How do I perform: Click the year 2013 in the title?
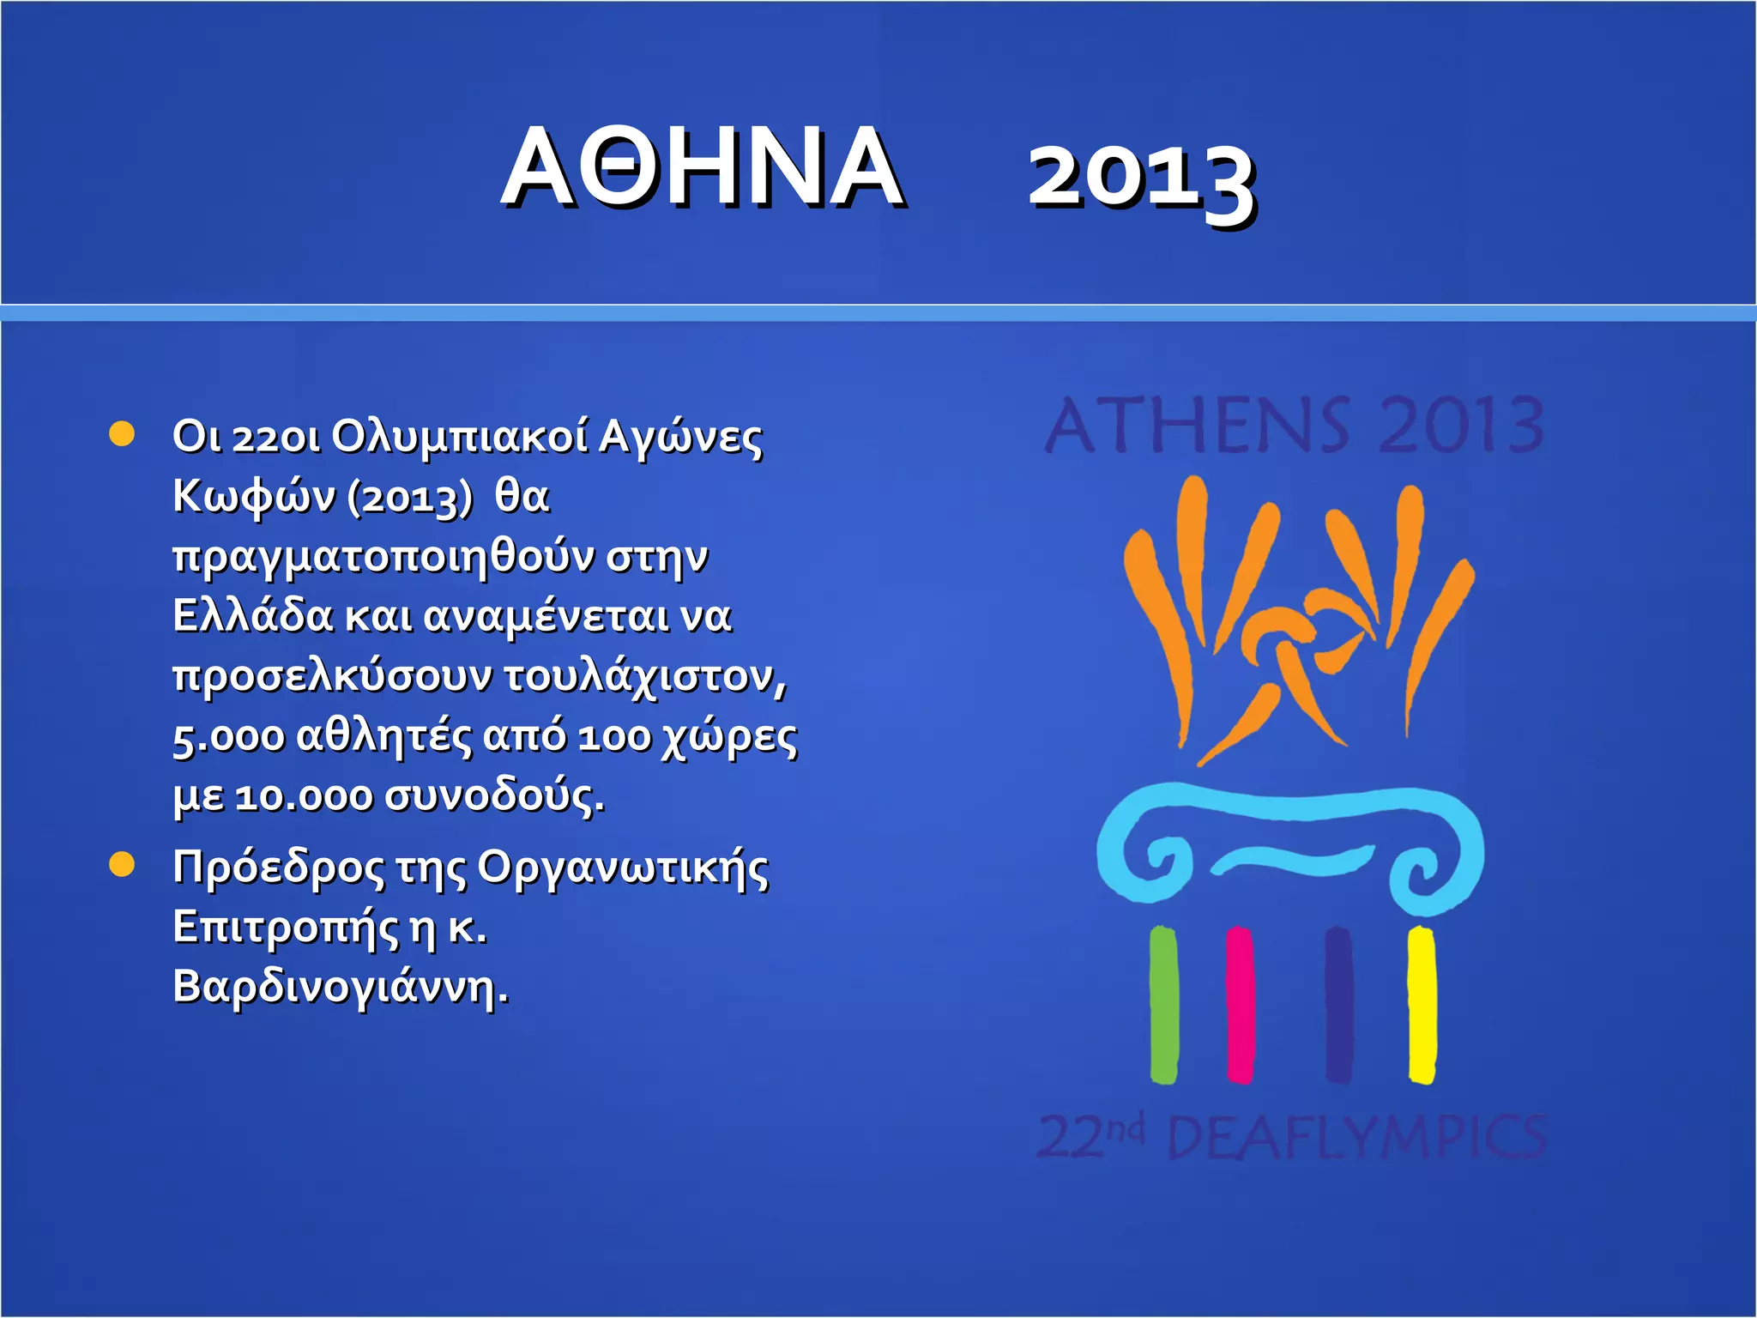(1142, 176)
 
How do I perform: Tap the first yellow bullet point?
(123, 434)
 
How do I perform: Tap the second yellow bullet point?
(123, 865)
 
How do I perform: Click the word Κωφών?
(253, 496)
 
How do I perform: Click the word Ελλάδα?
(252, 615)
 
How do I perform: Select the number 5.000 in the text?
(228, 736)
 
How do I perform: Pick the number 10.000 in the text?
(304, 796)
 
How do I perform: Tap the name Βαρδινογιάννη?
(340, 986)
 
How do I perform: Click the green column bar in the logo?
(1163, 1004)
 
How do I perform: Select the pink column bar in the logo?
(1240, 1004)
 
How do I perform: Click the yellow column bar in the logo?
(1422, 1004)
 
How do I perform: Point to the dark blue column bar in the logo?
(1338, 1004)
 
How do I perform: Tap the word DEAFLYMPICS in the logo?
(1357, 1138)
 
